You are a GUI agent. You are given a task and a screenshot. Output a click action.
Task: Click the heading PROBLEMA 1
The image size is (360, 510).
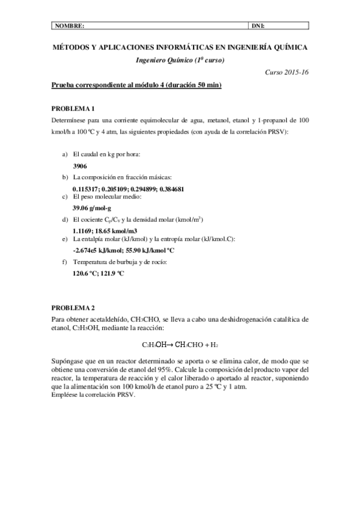(73, 108)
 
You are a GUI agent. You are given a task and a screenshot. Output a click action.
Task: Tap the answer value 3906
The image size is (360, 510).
(80, 165)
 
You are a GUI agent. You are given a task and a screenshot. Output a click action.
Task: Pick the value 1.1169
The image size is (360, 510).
(83, 230)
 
